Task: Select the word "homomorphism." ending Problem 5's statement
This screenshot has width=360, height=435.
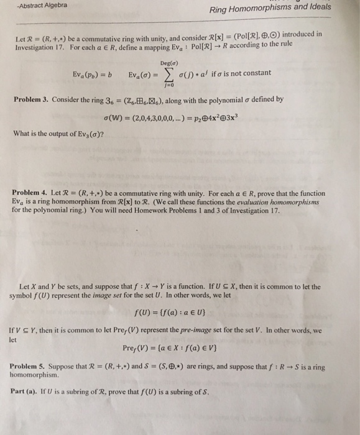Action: [x=35, y=375]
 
